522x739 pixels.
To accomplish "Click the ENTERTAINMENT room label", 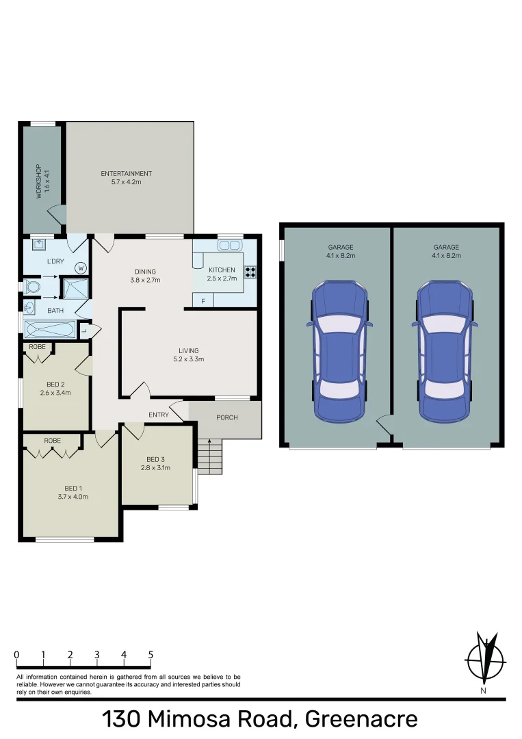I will (126, 174).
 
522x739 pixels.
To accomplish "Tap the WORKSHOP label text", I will (38, 181).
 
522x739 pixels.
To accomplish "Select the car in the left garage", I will (341, 350).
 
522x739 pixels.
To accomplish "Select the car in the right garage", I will (445, 350).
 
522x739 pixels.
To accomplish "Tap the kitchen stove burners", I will (250, 272).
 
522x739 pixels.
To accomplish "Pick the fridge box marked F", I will (203, 300).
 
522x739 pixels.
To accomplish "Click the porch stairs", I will (209, 455).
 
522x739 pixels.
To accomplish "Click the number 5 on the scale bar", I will (151, 655).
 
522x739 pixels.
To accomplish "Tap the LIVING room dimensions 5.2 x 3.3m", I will (188, 359).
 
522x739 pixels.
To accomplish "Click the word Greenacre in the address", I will (361, 720).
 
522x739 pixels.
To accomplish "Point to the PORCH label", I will (226, 417).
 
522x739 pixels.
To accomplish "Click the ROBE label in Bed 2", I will (38, 347).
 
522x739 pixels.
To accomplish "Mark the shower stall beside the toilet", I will (75, 288).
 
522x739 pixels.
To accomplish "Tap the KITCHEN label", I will (222, 270).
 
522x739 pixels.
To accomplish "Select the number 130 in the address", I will (122, 720).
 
